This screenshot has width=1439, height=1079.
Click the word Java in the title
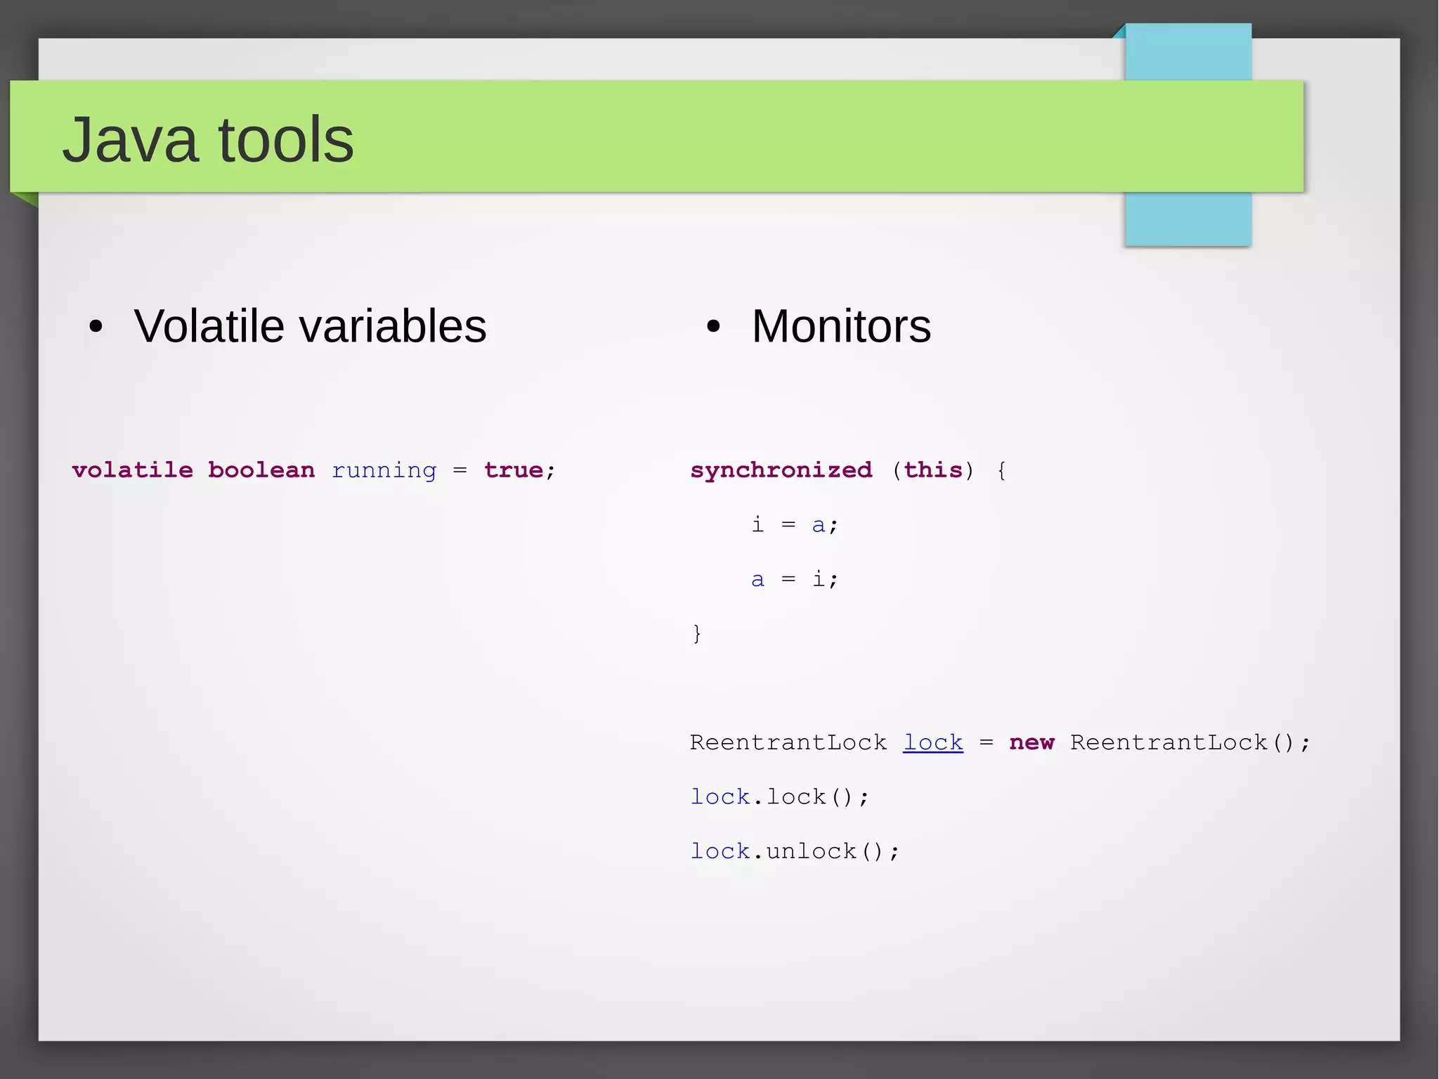130,141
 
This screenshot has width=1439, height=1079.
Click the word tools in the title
286,141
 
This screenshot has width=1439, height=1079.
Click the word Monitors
841,327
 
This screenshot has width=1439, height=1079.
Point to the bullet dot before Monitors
714,326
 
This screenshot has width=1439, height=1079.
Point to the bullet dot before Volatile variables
96,326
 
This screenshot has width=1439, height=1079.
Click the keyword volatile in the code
132,470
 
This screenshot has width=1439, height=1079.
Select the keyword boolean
261,470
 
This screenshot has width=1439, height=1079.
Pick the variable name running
384,470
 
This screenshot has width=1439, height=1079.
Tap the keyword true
514,470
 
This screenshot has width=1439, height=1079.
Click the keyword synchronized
781,470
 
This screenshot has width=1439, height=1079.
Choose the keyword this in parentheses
932,470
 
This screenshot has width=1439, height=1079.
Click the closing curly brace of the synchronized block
696,633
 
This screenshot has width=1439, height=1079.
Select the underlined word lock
933,742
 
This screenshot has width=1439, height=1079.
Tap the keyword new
1031,742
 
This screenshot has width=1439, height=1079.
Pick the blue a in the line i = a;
818,524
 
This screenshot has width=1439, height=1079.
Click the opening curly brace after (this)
1001,470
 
